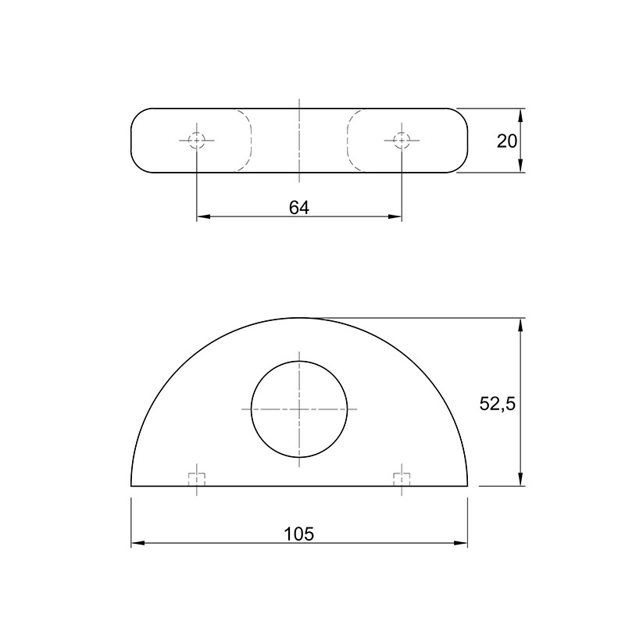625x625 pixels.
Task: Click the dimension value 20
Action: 506,141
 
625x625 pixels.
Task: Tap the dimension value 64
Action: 299,208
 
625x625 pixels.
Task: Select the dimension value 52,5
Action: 498,404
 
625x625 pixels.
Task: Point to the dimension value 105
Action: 299,534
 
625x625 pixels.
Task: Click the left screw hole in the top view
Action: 197,141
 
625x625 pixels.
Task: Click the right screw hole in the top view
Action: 402,141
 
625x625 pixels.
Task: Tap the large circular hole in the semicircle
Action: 299,409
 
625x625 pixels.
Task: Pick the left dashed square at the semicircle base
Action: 197,480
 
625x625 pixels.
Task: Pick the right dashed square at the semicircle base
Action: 402,480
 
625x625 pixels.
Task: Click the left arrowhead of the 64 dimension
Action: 203,217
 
